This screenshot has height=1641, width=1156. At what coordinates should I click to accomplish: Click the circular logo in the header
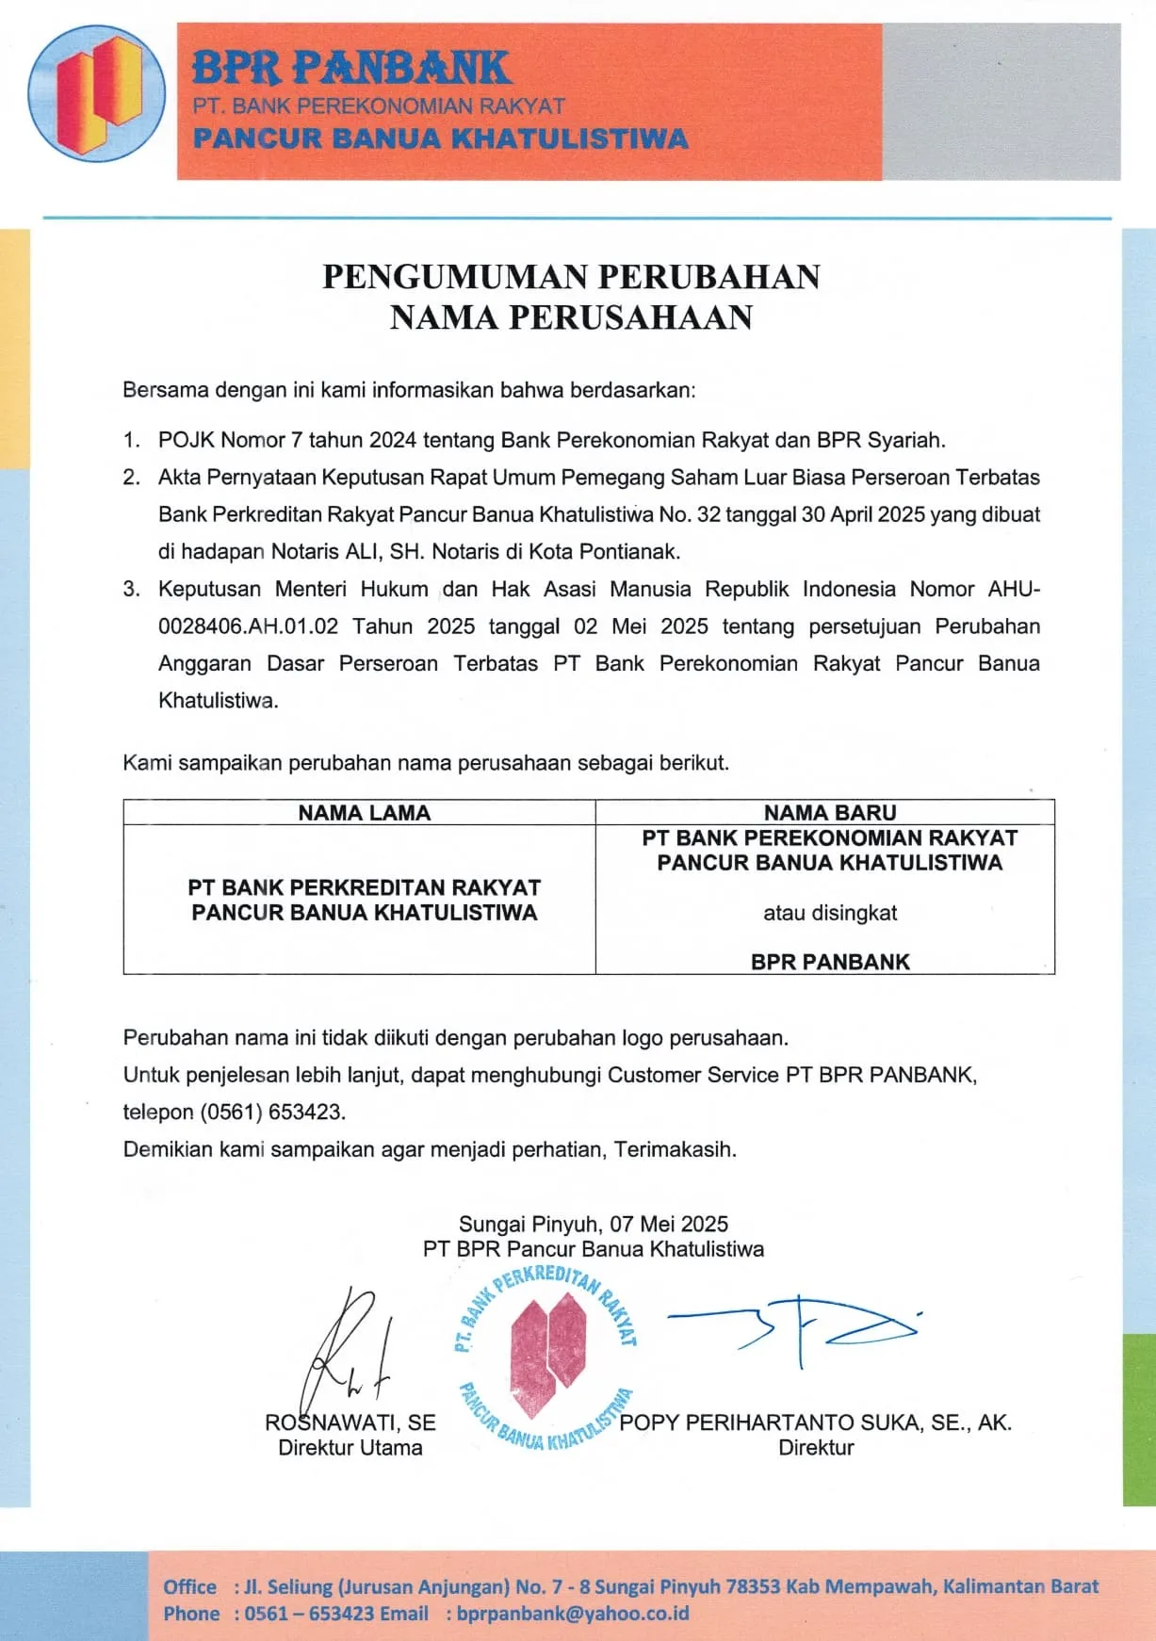click(96, 93)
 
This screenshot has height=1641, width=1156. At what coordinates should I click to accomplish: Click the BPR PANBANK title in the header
click(351, 68)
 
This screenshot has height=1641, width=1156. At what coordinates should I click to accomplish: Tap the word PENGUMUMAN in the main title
click(455, 277)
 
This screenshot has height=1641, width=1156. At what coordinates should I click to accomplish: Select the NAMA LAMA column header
click(364, 813)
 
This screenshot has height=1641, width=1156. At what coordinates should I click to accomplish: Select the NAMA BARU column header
click(829, 813)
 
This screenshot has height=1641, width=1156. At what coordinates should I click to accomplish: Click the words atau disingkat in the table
click(829, 913)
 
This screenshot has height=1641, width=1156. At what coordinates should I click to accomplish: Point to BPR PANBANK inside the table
click(829, 962)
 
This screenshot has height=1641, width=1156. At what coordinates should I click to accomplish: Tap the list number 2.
click(131, 478)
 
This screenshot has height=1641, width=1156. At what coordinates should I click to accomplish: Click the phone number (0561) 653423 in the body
click(271, 1112)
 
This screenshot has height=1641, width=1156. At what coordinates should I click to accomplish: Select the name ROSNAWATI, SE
click(350, 1422)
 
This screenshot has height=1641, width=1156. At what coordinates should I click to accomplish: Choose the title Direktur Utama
click(350, 1448)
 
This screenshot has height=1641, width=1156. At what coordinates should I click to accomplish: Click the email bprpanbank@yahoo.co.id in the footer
click(573, 1613)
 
